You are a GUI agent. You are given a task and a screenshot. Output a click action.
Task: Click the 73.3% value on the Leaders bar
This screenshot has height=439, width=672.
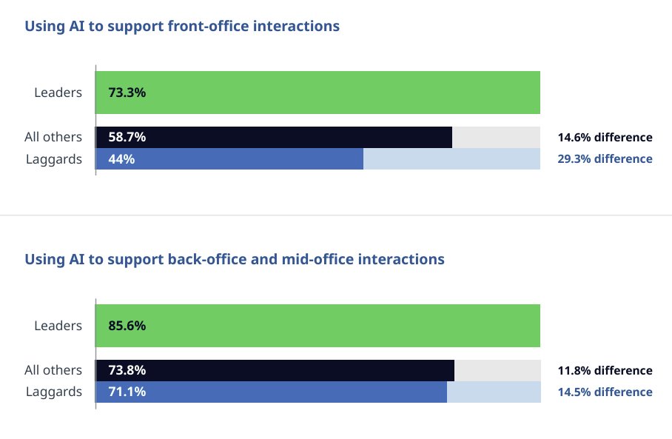coord(127,93)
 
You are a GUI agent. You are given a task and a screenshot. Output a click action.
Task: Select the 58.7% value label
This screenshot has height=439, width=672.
coord(127,137)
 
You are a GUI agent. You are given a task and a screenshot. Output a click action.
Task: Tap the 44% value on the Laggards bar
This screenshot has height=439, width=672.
coord(121,158)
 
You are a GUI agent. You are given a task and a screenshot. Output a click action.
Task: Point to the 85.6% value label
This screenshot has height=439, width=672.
coord(127,326)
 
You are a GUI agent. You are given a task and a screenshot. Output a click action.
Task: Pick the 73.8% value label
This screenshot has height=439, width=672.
coord(127,370)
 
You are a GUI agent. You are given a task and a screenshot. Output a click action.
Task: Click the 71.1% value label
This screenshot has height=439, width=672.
coord(127,392)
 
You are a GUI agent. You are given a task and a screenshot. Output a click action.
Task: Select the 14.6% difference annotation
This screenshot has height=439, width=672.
coord(605,137)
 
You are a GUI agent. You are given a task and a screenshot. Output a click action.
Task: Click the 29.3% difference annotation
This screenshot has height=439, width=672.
coord(605,158)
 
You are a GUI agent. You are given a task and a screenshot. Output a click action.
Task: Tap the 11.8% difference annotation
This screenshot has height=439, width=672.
coord(605,370)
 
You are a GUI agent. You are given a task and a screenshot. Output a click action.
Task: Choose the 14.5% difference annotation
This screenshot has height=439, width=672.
coord(605,392)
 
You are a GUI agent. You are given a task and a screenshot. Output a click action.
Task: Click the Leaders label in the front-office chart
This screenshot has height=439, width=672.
coord(58,93)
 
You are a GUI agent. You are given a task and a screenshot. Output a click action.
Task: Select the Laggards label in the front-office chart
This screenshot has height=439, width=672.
coord(53,158)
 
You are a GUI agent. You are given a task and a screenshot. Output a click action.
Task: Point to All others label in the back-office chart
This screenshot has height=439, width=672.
coord(53,370)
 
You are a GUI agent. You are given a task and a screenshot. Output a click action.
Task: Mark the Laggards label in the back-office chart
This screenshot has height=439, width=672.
coord(53,392)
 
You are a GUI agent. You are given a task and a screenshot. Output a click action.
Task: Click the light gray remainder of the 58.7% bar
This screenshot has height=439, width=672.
coord(496,137)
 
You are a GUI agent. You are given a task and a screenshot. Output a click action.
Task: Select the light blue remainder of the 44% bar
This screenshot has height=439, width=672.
coord(451,158)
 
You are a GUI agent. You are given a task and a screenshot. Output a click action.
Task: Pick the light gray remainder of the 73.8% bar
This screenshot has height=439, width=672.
coord(497,370)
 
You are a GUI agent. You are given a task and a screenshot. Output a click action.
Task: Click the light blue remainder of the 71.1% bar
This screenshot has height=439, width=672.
coord(494,392)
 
